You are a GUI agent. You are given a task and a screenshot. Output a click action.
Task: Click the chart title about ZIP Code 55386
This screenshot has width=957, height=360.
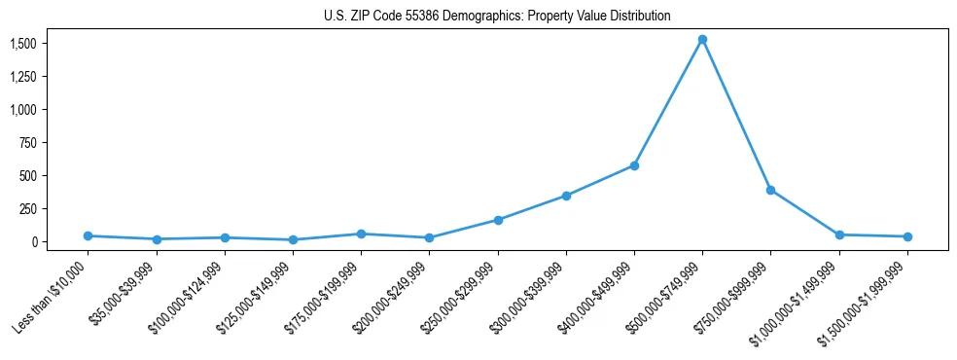[x=496, y=17]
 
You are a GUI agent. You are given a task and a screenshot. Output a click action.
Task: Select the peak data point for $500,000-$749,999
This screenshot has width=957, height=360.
[x=702, y=40]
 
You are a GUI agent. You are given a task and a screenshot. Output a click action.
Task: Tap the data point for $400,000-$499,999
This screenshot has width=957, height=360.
[x=634, y=165]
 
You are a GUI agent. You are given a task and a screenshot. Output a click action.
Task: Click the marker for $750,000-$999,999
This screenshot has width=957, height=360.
[x=770, y=190]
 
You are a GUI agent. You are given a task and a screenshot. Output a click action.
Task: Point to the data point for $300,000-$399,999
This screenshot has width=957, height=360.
[x=566, y=196]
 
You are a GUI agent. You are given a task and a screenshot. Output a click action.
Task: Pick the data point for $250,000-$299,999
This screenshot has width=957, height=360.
[x=498, y=220]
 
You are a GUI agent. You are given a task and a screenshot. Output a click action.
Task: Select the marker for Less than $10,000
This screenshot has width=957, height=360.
[x=88, y=235]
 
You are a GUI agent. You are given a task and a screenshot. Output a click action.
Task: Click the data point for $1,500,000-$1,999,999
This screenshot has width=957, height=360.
[x=907, y=236]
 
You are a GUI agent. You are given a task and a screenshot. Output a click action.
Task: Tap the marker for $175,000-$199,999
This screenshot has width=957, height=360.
[x=361, y=234]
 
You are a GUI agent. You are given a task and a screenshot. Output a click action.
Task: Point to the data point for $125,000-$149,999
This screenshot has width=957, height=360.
[x=293, y=239]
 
